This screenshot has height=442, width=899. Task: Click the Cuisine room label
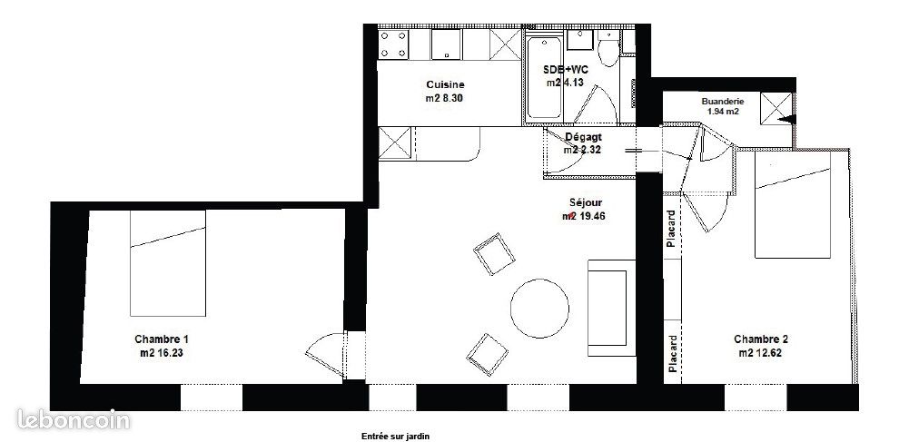click(x=445, y=85)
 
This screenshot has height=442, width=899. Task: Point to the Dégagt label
click(x=583, y=137)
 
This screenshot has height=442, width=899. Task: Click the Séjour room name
click(x=582, y=203)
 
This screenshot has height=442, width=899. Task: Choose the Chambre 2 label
click(x=761, y=339)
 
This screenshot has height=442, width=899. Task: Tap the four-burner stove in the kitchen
click(x=395, y=45)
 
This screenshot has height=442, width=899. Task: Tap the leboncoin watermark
click(x=74, y=419)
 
